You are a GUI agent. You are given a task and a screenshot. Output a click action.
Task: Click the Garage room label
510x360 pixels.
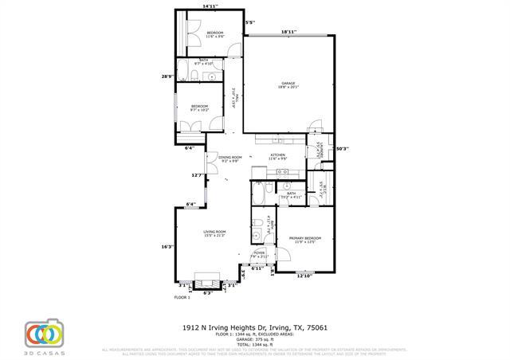tap(288, 84)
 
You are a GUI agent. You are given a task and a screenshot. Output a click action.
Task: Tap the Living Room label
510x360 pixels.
tap(214, 233)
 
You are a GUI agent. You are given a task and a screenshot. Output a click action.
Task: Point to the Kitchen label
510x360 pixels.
tap(277, 157)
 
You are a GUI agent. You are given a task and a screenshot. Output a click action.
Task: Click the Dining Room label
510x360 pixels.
tap(230, 159)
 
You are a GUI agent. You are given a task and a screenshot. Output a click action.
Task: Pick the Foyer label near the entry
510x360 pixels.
tap(259, 254)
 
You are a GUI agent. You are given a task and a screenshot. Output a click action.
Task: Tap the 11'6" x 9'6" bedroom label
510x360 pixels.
tap(204, 34)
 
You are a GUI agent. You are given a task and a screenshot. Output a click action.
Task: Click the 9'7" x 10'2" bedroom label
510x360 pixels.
tap(199, 108)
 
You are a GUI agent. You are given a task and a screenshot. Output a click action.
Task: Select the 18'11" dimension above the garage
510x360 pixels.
tap(288, 32)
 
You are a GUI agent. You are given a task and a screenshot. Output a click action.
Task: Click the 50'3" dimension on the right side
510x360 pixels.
tap(342, 148)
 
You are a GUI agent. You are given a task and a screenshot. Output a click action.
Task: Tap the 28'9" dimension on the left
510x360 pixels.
tap(167, 76)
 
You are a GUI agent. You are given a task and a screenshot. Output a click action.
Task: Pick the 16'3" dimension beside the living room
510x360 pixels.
tap(167, 246)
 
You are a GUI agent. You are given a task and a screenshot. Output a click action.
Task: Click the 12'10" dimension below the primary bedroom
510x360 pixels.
tap(305, 276)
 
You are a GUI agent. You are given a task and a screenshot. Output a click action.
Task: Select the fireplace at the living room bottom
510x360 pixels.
tap(209, 283)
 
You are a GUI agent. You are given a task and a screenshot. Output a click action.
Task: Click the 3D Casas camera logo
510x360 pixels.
tap(44, 333)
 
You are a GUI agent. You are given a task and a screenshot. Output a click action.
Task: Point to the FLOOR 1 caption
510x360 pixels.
tap(183, 297)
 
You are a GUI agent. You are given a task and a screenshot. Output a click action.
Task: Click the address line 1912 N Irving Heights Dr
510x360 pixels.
tap(255, 327)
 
